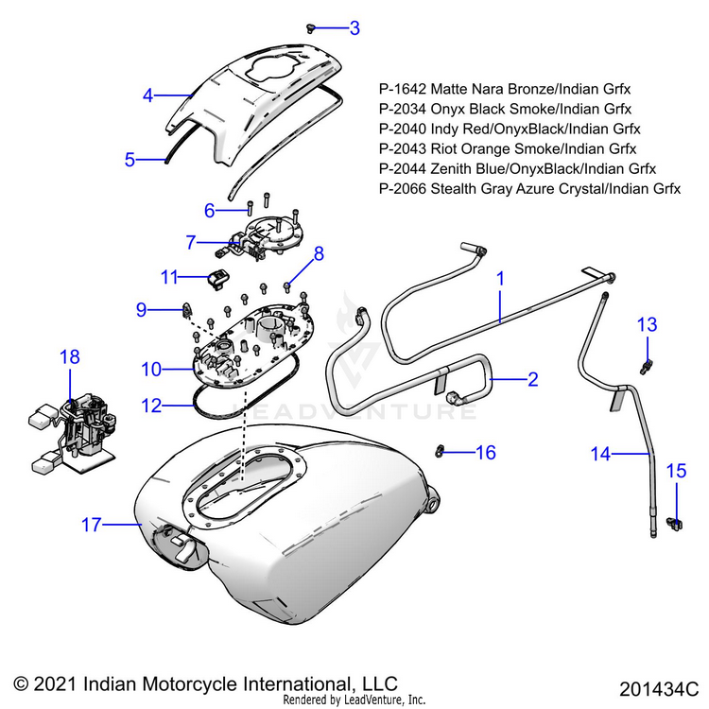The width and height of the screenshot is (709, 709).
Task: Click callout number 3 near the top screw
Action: [x=354, y=28]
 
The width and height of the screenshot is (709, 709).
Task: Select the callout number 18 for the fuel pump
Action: [x=70, y=357]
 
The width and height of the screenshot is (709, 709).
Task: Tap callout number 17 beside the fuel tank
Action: [x=91, y=525]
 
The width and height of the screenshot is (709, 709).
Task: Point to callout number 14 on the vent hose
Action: [x=601, y=455]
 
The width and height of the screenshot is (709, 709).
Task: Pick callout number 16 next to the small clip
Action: [x=485, y=453]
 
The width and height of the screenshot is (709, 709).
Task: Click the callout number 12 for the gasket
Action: [x=152, y=406]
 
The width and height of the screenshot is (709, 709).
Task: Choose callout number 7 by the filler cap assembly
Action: [x=192, y=243]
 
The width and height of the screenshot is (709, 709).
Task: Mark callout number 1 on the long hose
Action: [x=500, y=280]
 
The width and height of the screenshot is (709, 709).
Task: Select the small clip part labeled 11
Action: [x=218, y=278]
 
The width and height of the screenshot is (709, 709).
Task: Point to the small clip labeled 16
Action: [x=441, y=449]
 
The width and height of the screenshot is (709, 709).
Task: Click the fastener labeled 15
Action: [x=675, y=519]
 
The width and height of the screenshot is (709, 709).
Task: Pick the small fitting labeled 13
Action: [x=647, y=363]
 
